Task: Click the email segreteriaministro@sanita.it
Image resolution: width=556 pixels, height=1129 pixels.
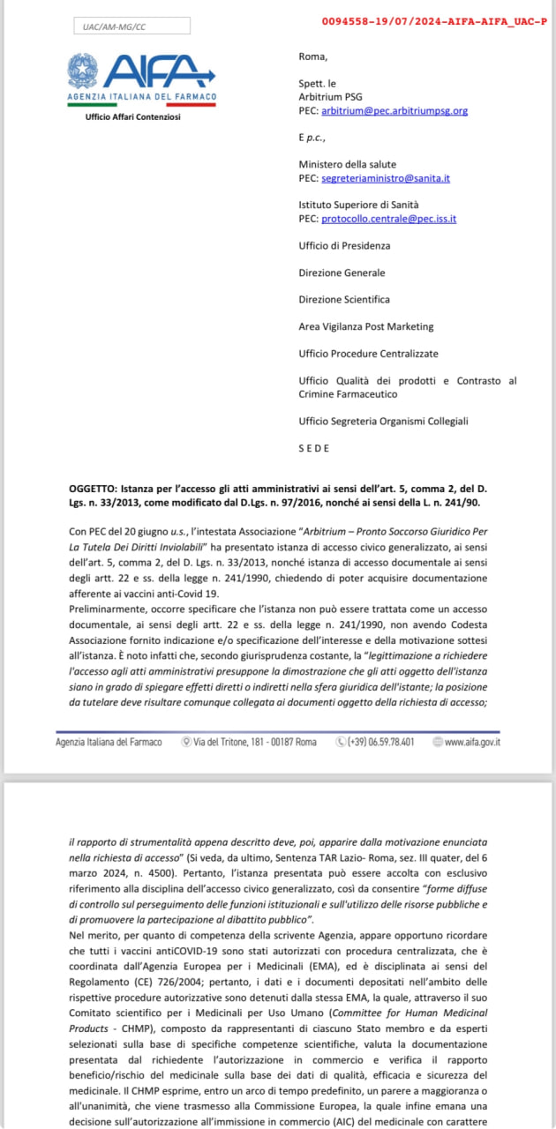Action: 386,178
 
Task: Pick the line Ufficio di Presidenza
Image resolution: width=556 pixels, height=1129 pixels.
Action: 344,245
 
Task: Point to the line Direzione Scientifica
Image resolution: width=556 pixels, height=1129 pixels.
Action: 343,300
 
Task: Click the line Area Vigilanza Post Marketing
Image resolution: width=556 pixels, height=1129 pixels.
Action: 366,326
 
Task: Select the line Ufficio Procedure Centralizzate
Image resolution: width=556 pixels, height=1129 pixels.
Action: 368,354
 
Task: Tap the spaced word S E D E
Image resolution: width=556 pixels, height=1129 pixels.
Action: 313,448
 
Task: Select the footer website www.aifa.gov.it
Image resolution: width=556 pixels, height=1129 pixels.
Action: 472,742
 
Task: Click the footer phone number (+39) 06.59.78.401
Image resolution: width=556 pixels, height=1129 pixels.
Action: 380,742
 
